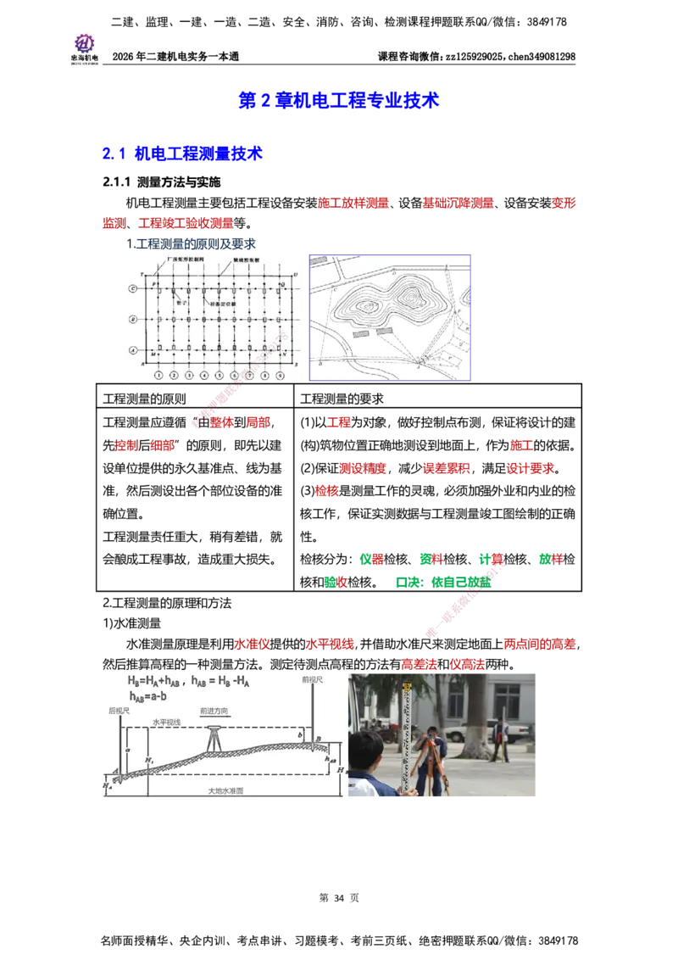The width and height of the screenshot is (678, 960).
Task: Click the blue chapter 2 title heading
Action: coord(339,100)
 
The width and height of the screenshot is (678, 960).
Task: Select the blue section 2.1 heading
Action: coord(182,153)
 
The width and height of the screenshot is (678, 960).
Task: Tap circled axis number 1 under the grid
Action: coord(158,374)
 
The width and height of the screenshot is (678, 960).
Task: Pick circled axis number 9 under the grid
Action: coord(279,374)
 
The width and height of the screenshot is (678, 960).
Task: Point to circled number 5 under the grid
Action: coord(219,374)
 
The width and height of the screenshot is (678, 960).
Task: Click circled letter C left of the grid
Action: coord(132,288)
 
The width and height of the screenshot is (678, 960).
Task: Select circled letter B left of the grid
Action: coord(132,319)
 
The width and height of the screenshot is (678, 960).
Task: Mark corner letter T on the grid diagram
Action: coord(142,275)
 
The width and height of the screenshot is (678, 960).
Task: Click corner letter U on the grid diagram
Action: coord(294,275)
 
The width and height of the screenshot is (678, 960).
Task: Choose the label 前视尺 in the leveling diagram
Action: coord(313,679)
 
